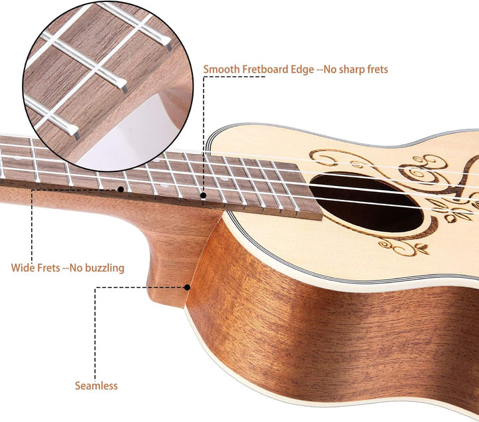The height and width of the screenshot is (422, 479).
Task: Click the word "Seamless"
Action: tap(96, 385)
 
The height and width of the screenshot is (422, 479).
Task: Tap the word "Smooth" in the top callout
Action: tap(222, 69)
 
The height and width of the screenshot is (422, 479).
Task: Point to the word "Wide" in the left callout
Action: tap(23, 268)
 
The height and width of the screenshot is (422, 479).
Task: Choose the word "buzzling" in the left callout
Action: tap(104, 268)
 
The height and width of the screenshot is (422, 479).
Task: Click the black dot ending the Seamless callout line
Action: tap(187, 287)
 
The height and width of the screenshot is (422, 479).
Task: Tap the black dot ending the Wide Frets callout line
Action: tap(120, 189)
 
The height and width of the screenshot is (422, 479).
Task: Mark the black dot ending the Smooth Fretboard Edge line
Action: tap(204, 195)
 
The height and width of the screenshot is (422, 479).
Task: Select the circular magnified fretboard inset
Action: tap(108, 86)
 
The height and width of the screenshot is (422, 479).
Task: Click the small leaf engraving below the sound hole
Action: tap(423, 249)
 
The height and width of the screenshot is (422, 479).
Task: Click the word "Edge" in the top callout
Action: tap(302, 70)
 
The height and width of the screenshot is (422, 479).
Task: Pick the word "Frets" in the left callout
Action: tap(49, 268)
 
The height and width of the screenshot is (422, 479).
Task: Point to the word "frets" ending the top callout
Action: tap(378, 70)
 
